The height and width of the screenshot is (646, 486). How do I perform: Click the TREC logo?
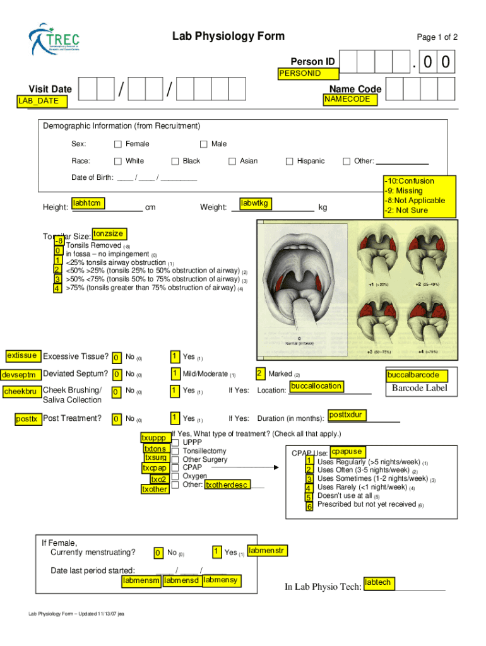pyautogui.click(x=54, y=40)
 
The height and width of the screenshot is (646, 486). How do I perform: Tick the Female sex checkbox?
pyautogui.click(x=117, y=144)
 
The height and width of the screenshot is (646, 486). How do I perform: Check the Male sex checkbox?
pyautogui.click(x=203, y=144)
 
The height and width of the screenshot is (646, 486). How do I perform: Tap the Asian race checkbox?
pyautogui.click(x=232, y=161)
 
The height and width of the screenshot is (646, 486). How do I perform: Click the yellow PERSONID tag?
pyautogui.click(x=300, y=74)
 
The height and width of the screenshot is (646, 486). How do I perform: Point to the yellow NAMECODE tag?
pyautogui.click(x=347, y=100)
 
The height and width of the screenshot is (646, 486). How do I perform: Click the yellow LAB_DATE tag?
pyautogui.click(x=39, y=101)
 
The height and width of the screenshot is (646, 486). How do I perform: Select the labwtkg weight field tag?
pyautogui.click(x=254, y=203)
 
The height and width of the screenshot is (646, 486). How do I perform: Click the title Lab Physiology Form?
pyautogui.click(x=228, y=37)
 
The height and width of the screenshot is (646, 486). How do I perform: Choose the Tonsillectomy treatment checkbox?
pyautogui.click(x=175, y=451)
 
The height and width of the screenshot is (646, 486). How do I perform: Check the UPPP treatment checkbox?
pyautogui.click(x=175, y=443)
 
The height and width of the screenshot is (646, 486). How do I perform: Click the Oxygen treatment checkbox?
pyautogui.click(x=175, y=476)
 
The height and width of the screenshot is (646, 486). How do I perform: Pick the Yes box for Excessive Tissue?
pyautogui.click(x=174, y=357)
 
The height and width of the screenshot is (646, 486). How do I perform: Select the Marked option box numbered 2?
pyautogui.click(x=260, y=373)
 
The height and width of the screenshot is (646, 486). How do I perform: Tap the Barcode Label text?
pyautogui.click(x=419, y=388)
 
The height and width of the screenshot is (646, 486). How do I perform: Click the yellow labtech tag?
pyautogui.click(x=378, y=583)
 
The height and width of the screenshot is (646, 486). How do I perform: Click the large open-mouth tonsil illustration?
pyautogui.click(x=301, y=284)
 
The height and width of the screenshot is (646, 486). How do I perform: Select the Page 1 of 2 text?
pyautogui.click(x=437, y=37)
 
